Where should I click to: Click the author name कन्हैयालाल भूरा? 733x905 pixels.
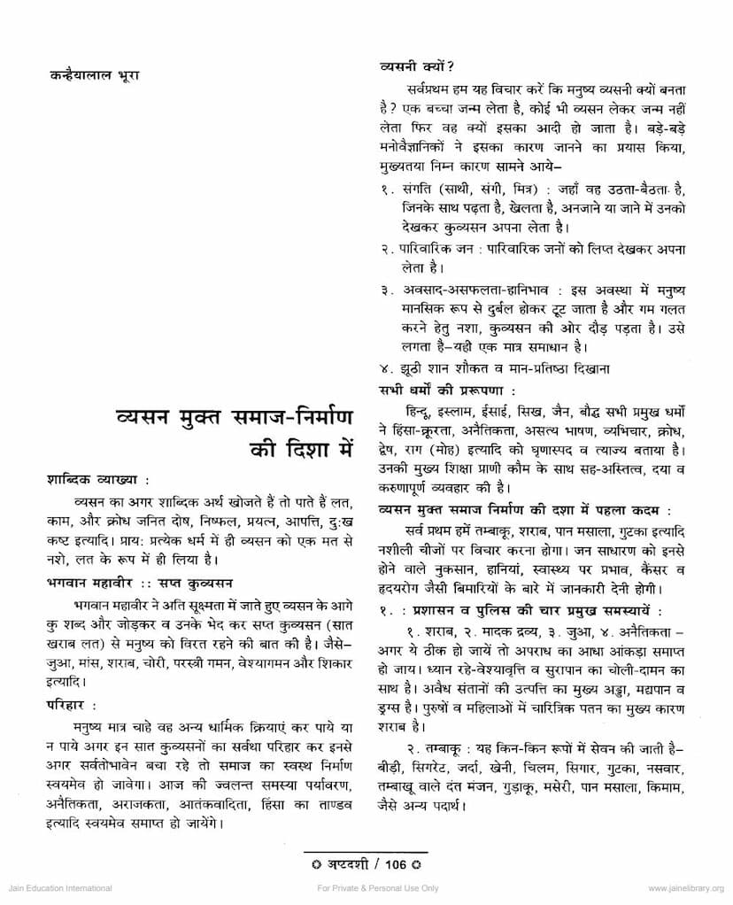click(x=94, y=75)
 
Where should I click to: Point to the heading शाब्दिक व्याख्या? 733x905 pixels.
click(x=97, y=479)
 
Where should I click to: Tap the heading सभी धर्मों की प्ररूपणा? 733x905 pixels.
click(x=447, y=389)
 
